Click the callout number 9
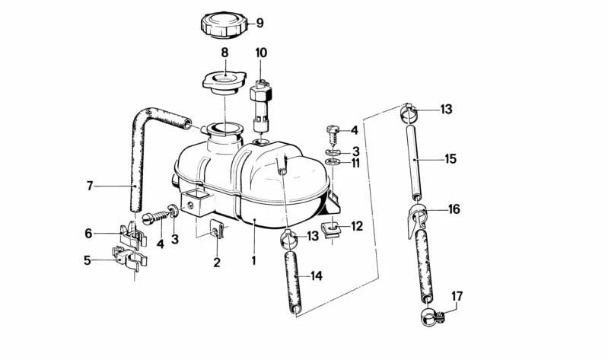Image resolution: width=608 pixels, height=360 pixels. coord(259,23)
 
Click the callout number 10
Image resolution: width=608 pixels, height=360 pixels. coord(261,53)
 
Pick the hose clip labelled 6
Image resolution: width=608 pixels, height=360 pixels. coord(132,231)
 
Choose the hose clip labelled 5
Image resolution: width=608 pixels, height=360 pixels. coord(129,259)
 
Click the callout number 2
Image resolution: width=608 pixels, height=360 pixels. coord(217,263)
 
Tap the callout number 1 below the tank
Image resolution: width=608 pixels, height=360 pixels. coord(253,260)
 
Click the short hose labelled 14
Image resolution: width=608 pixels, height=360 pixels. coord(293,282)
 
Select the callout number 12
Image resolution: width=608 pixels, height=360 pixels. coord(357,226)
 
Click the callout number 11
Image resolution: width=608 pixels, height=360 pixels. coord(355,163)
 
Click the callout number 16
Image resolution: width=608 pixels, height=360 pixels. coord(454,209)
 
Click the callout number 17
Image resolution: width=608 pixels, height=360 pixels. coord(457,296)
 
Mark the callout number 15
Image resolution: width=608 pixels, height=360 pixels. coord(450,159)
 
